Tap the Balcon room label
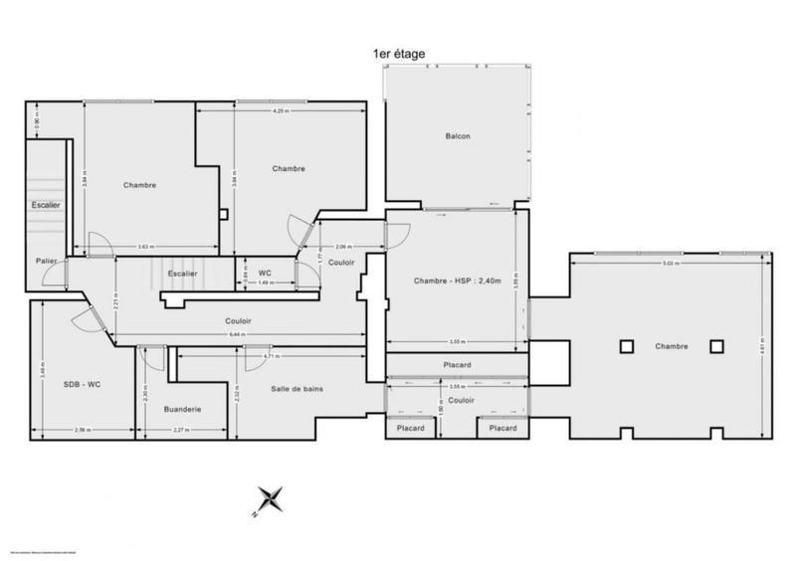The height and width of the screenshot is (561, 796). click(x=458, y=136)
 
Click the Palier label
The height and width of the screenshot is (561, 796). click(x=45, y=262)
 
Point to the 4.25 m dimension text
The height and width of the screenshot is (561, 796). click(x=280, y=111)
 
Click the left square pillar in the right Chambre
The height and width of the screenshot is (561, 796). click(x=625, y=346)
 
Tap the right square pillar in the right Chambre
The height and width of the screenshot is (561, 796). click(x=716, y=346)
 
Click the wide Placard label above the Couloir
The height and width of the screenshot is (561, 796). click(x=457, y=365)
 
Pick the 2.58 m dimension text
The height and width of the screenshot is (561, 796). click(x=82, y=431)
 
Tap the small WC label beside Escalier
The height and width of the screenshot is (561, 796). click(x=265, y=273)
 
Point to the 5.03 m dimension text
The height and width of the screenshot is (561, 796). click(x=671, y=265)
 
